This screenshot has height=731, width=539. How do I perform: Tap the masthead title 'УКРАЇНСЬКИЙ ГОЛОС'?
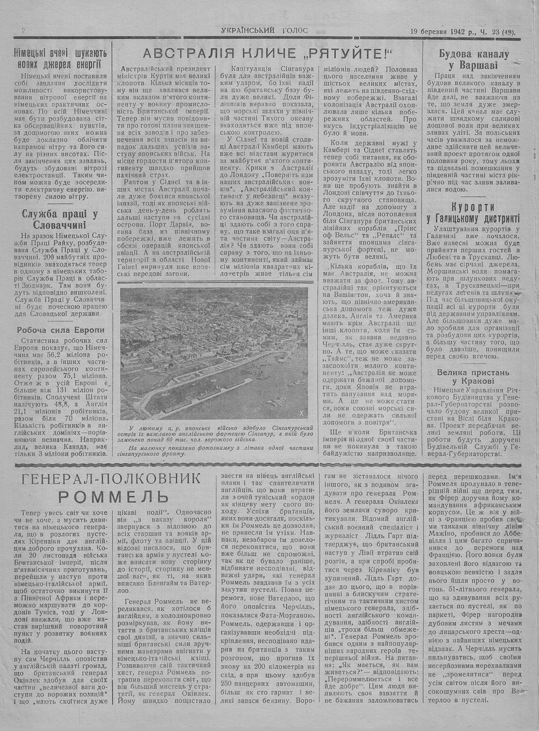[264, 31]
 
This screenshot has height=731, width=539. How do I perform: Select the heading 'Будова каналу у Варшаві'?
[474, 60]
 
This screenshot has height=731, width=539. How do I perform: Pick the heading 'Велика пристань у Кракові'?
[473, 377]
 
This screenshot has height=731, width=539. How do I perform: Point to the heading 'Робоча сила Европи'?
[59, 330]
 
